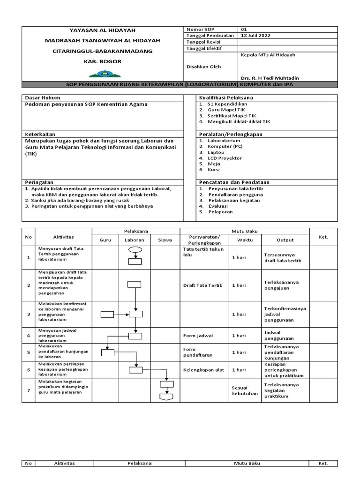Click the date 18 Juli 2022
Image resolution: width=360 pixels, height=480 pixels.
256,36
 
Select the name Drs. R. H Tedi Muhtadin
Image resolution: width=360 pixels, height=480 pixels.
270,78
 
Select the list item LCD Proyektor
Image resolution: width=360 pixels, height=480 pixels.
225,158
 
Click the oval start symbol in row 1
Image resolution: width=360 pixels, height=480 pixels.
135,249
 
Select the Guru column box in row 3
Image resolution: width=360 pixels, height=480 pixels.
107,315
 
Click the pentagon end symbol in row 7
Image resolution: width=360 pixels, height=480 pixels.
166,397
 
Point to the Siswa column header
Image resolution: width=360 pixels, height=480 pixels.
165,240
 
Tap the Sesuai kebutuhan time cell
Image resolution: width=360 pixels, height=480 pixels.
245,391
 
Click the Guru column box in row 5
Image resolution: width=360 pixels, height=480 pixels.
107,353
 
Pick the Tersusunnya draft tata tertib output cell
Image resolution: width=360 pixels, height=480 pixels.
281,258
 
